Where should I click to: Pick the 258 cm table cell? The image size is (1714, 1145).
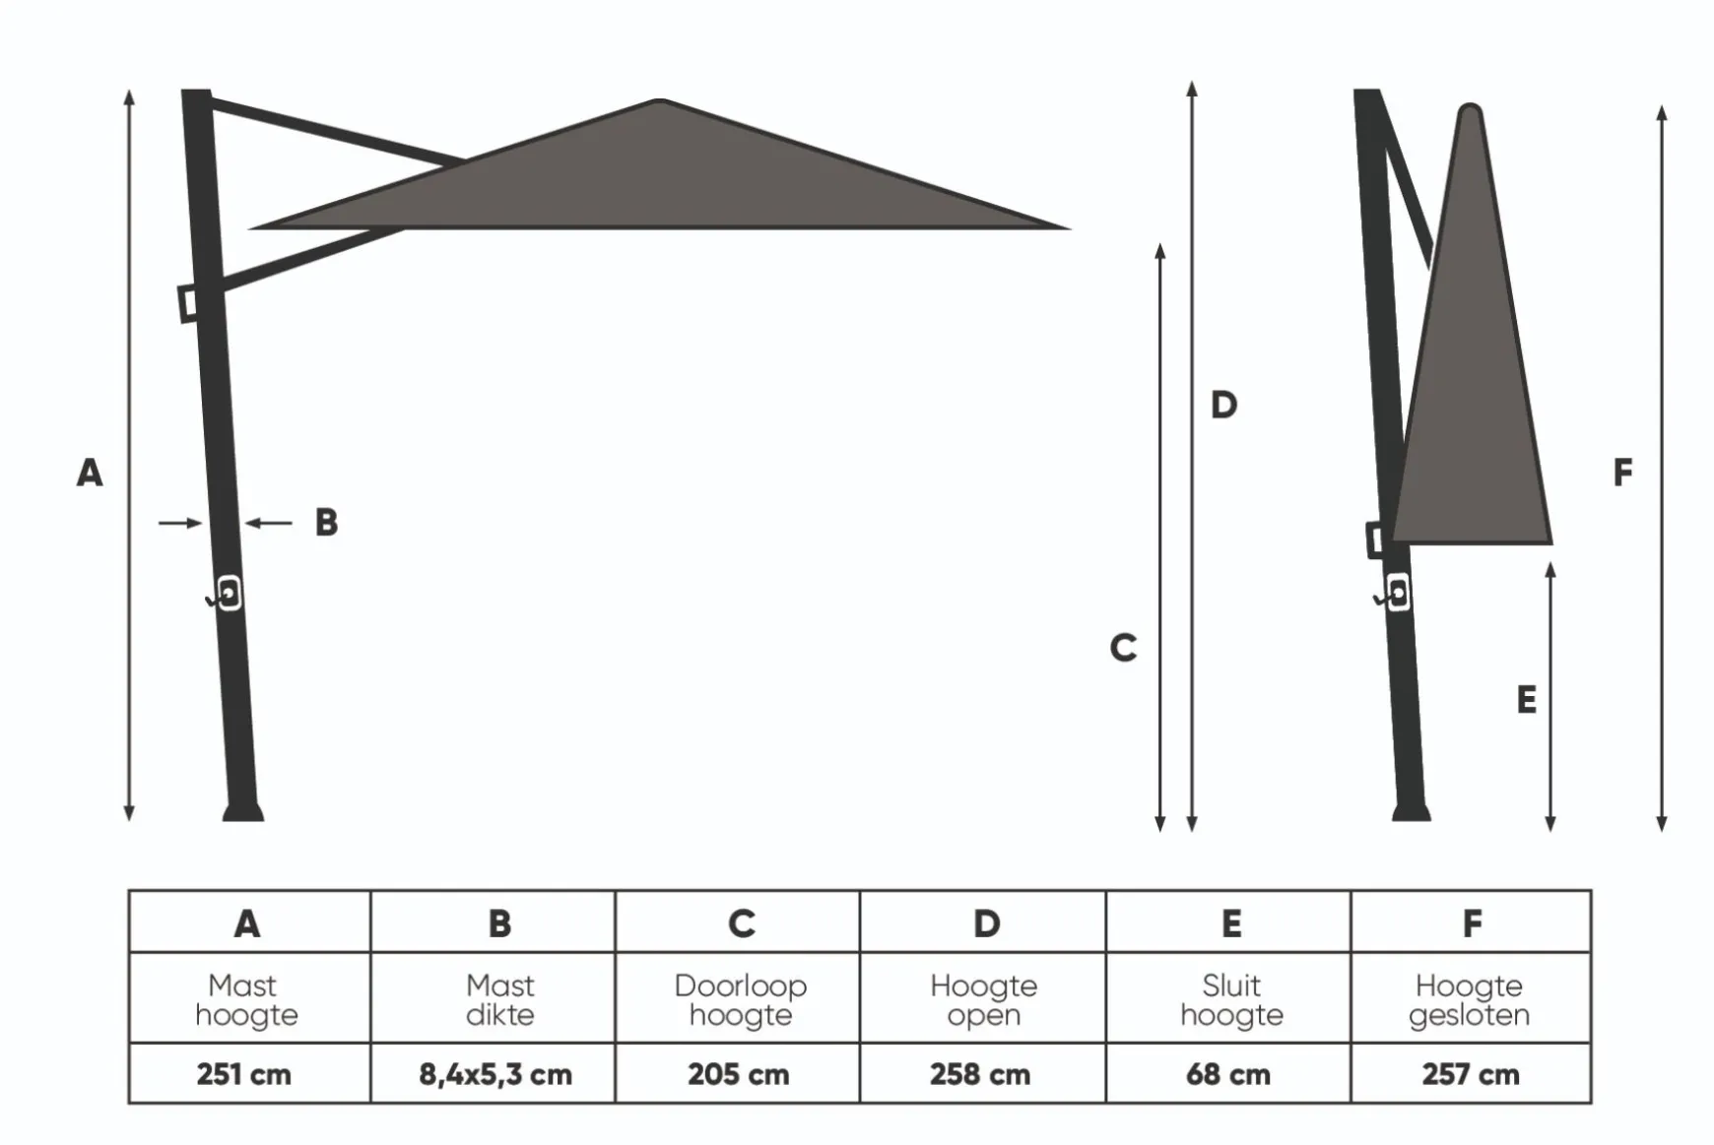[982, 1073]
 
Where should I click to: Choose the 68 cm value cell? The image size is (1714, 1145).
[1228, 1073]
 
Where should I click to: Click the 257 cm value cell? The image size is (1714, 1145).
[1471, 1073]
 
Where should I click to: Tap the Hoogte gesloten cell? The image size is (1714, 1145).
[1471, 998]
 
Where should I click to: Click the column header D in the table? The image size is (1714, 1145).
[986, 923]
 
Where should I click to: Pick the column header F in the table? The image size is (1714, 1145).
[1472, 923]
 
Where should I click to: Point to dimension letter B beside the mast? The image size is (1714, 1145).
[326, 522]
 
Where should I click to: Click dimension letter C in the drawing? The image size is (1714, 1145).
[1123, 648]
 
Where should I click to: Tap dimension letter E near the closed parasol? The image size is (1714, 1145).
[1526, 700]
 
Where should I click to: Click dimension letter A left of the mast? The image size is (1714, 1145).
[90, 473]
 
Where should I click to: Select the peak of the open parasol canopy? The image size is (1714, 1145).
[660, 100]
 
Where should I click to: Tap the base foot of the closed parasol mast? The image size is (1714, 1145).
[1412, 812]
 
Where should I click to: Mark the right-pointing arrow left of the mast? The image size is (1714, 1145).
[180, 523]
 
